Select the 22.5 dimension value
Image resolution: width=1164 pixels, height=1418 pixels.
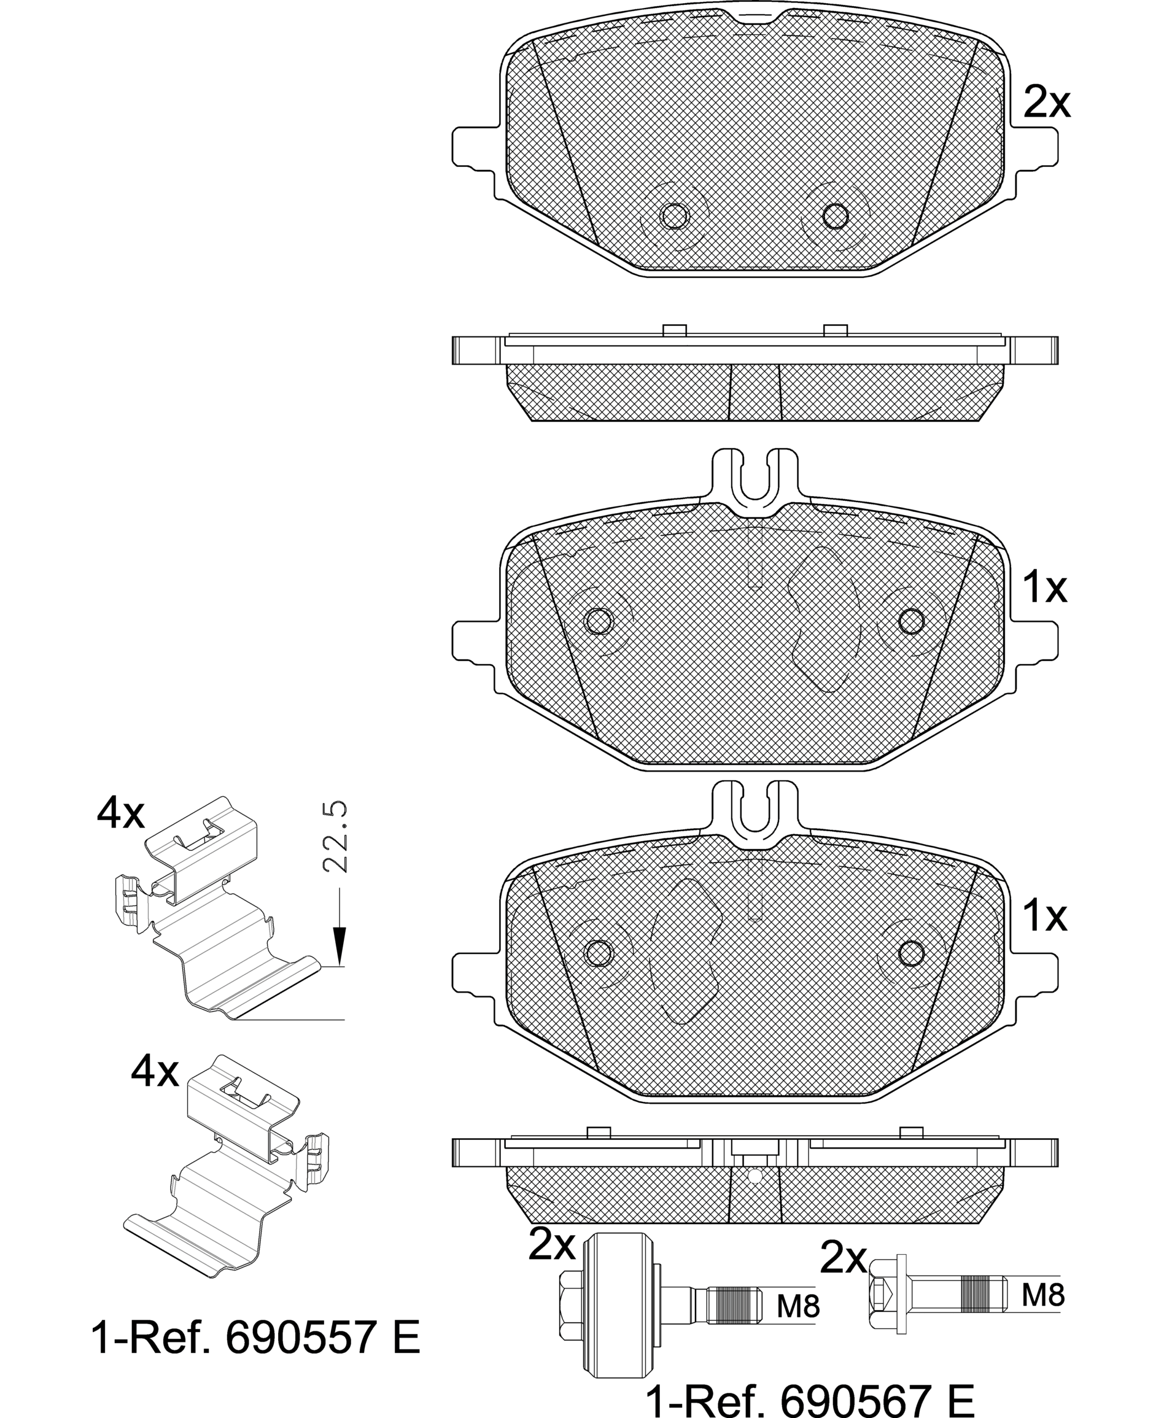335,836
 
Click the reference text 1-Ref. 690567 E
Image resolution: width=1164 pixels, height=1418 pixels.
809,1398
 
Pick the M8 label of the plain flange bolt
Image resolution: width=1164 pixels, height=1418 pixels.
1043,1295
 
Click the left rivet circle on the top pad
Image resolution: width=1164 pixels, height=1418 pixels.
675,216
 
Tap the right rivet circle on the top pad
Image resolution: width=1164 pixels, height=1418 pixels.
836,216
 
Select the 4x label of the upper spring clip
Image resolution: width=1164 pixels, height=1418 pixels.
121,814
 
